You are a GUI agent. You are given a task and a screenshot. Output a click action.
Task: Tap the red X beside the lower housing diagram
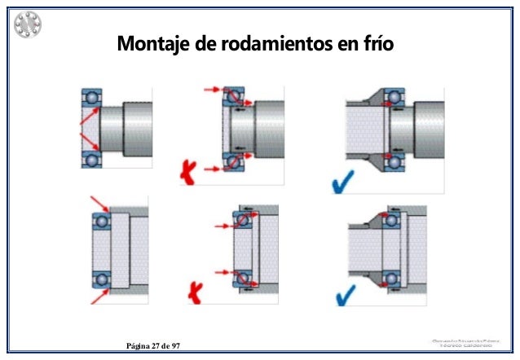pos(196,290)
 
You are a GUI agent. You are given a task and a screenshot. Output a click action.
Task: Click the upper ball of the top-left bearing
pos(93,99)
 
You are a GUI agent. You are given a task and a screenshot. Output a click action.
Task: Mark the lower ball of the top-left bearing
pos(93,157)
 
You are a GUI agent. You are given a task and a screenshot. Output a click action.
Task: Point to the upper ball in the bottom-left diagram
pos(102,221)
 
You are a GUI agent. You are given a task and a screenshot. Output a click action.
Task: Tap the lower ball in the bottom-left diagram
pos(102,279)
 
